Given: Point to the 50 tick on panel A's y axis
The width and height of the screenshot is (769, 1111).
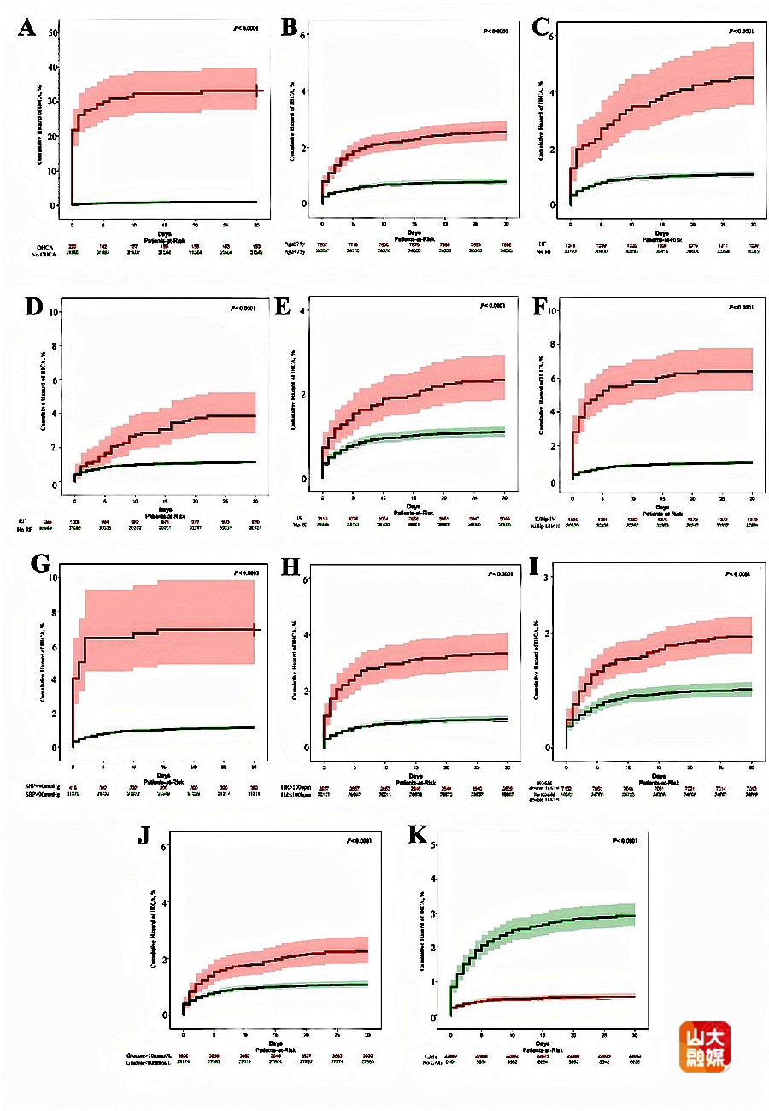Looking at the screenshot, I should click(53, 32).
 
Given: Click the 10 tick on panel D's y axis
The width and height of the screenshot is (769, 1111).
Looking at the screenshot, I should click(55, 311).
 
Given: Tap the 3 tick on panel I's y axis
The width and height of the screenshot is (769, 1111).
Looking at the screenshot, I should click(547, 579).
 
